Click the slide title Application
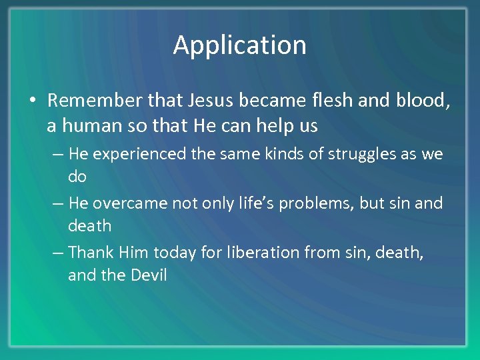tap(240, 45)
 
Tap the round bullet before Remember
tap(32, 101)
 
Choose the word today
tap(171, 252)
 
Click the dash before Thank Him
tap(58, 253)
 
